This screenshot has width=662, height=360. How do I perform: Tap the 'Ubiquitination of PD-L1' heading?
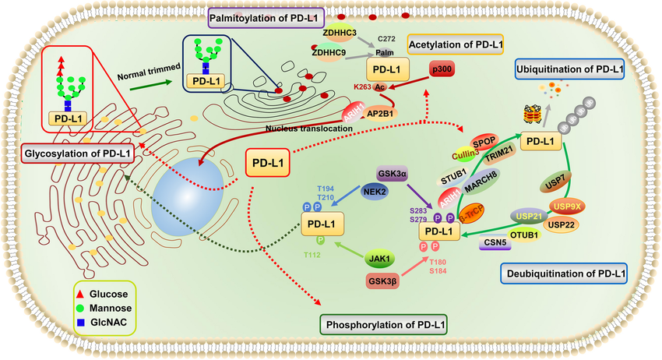[x=569, y=69]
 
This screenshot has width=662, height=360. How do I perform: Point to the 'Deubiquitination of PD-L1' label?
[x=562, y=274]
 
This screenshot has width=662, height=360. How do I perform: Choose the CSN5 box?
[x=494, y=242]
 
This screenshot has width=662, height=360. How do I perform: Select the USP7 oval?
[x=555, y=184]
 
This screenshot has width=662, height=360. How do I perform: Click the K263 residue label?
[x=362, y=87]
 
